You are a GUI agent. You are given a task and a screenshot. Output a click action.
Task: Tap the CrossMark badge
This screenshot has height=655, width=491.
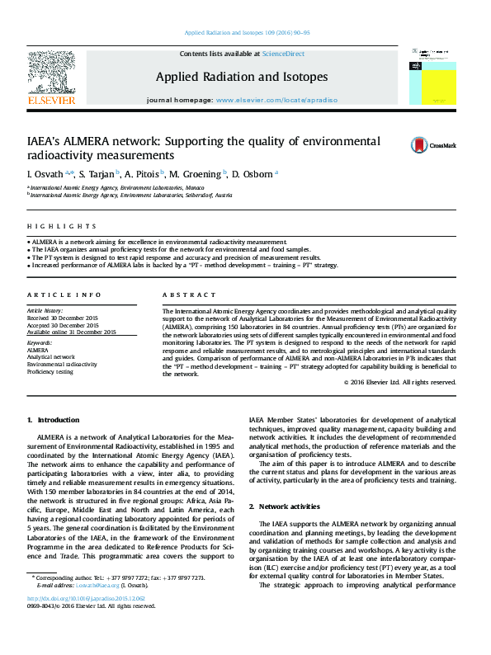[422, 145]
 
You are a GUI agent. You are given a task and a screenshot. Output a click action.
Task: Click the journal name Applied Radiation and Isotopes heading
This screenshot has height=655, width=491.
[242, 77]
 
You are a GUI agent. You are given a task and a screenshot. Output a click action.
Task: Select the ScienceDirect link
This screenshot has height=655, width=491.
[283, 54]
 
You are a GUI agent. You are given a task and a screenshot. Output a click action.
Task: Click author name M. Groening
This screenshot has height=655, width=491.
[196, 174]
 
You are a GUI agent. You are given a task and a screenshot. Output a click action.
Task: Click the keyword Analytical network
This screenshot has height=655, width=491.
[50, 356]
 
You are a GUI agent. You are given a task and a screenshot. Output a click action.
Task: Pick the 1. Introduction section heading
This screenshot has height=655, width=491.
[54, 420]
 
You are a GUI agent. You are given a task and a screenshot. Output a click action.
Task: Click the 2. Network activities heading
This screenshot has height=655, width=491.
[291, 506]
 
